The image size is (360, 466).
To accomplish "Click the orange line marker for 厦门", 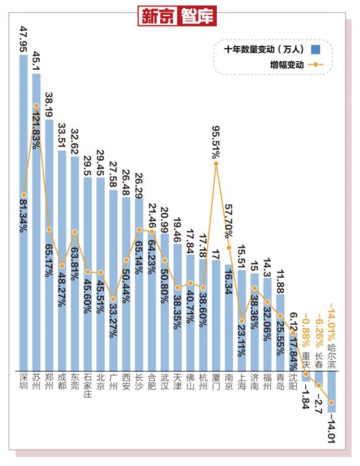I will (x=216, y=165).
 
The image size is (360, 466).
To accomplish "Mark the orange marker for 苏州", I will (x=36, y=105).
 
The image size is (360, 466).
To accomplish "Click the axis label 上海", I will (x=242, y=384).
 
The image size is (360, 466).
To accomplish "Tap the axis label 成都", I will (x=62, y=384).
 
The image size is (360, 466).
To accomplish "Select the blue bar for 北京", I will (x=100, y=273).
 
